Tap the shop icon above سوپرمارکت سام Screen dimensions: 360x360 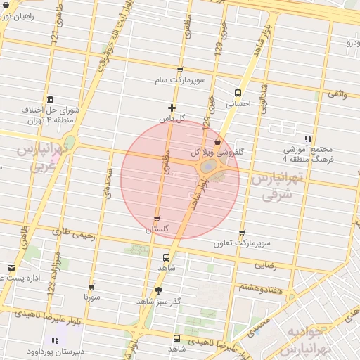tap(180, 70)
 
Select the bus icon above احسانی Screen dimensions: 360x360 tap(238, 92)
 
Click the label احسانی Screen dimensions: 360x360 tap(238, 103)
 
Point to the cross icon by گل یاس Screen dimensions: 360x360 tap(172, 108)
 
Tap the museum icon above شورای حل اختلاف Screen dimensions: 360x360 tap(49, 99)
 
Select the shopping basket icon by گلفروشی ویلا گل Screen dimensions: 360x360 tap(217, 141)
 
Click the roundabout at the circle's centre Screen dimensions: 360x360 tap(209, 167)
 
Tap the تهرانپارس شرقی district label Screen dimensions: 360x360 tap(276, 186)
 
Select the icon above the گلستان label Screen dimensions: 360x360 tap(156, 219)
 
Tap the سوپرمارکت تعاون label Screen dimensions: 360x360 tap(243, 243)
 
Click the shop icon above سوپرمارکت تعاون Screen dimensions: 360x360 tap(242, 233)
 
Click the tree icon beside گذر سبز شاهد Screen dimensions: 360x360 tap(157, 290)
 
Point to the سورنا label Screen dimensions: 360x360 tap(92, 297)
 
